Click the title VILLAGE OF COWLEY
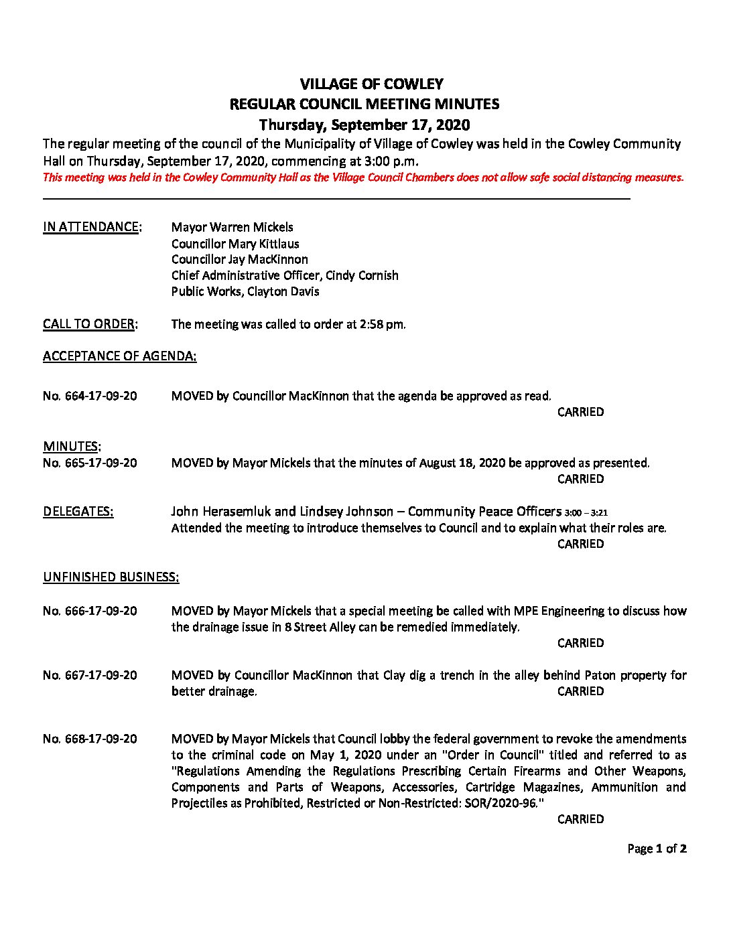(x=371, y=84)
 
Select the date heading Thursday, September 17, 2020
(x=364, y=125)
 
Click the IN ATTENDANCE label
(x=92, y=227)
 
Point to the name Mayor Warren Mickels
(x=232, y=227)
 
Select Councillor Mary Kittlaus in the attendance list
(x=235, y=244)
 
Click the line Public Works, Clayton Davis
(x=245, y=291)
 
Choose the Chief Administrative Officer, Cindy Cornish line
(x=285, y=275)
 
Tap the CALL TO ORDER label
(x=90, y=324)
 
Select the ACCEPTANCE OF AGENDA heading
(x=120, y=356)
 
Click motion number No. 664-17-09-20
(x=90, y=396)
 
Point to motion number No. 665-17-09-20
(x=90, y=463)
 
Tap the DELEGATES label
(x=78, y=512)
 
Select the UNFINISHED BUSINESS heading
(x=111, y=577)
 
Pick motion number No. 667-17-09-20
(x=90, y=675)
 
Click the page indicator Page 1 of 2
(x=657, y=849)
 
